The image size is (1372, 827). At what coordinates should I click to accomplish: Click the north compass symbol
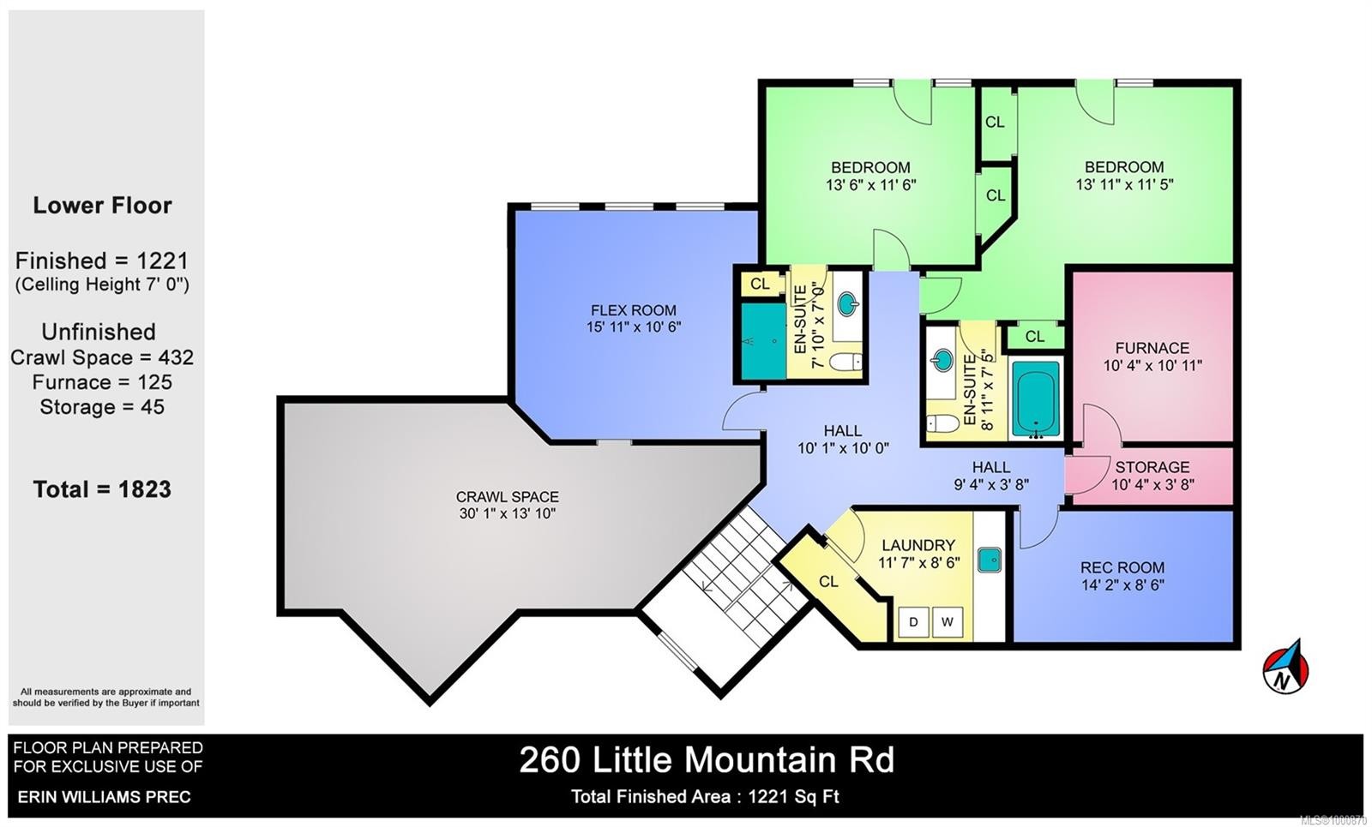tap(1285, 667)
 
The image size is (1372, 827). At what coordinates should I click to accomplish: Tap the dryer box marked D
tap(914, 621)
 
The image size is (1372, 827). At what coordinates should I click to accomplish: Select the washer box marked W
tap(947, 621)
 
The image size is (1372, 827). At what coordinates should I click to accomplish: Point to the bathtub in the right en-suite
tap(1036, 399)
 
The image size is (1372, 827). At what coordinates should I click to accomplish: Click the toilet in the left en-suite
tap(845, 362)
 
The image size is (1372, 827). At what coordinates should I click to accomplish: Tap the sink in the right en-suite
tap(942, 359)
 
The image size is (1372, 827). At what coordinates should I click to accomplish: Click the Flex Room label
tap(633, 310)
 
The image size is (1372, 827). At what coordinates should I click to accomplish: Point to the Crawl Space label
tap(507, 497)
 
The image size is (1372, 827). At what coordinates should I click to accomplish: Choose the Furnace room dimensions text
tap(1152, 365)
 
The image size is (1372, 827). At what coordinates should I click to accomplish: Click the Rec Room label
tap(1122, 567)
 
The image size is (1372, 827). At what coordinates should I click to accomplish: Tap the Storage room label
tap(1152, 467)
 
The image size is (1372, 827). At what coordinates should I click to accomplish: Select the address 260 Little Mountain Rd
tap(707, 760)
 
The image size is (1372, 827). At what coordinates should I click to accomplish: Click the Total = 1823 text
tap(102, 489)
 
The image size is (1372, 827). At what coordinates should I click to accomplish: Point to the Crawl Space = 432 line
tap(102, 357)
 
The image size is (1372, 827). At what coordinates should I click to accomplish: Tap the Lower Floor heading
tap(102, 206)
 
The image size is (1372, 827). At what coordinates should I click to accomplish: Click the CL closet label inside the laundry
tap(828, 582)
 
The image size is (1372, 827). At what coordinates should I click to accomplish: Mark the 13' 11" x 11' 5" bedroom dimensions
tap(1124, 184)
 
